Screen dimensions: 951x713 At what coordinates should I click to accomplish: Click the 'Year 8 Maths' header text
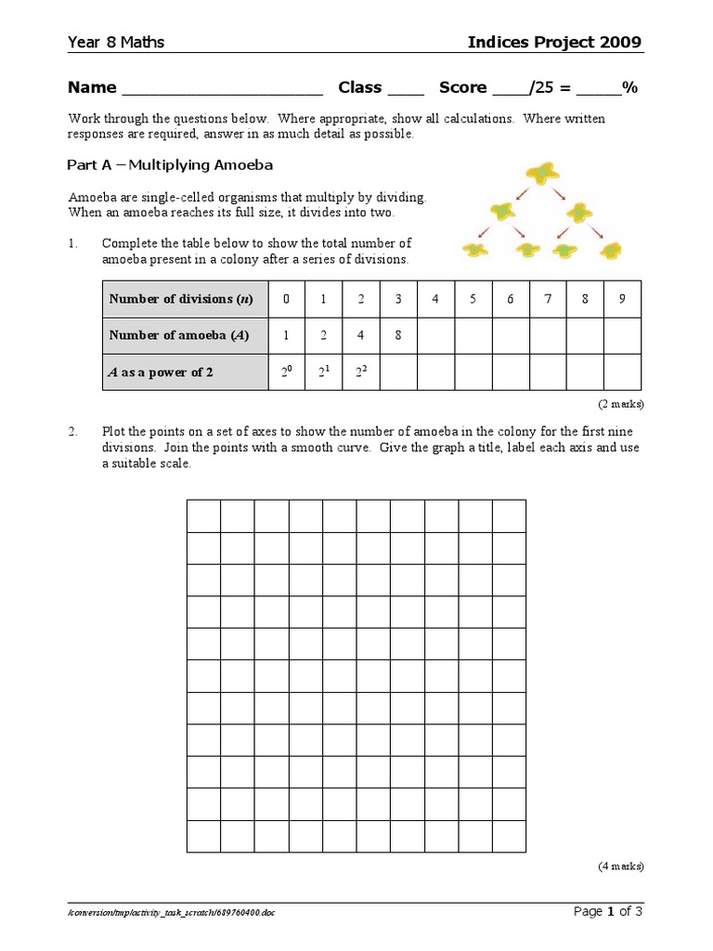point(116,43)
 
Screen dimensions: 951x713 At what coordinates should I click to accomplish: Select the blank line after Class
point(405,89)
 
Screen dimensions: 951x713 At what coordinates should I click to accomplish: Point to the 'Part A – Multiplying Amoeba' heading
point(170,164)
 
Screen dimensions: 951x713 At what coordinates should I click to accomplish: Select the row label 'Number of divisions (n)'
point(180,299)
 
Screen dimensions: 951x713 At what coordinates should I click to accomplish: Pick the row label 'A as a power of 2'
point(162,372)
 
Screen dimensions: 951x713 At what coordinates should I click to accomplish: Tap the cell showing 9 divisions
point(622,299)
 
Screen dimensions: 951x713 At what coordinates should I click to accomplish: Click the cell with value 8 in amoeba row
point(398,335)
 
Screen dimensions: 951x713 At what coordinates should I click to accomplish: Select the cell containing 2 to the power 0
point(286,372)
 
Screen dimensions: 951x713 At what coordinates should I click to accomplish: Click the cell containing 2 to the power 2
point(361,372)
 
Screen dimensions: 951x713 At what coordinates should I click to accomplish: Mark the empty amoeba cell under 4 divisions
point(435,335)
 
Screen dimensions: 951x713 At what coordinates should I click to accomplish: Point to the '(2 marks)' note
point(619,404)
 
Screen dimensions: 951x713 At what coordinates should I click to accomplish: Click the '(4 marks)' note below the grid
point(619,866)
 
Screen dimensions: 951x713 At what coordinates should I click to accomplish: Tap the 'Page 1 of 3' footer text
point(608,911)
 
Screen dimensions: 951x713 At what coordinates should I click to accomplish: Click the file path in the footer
point(171,913)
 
